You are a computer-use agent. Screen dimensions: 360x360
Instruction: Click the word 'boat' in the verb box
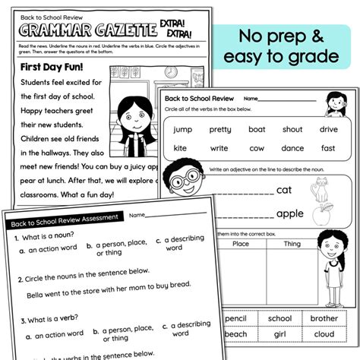pos(257,129)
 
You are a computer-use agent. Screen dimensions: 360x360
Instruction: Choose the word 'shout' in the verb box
pos(292,129)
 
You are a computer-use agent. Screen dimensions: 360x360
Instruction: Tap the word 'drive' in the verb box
pos(328,129)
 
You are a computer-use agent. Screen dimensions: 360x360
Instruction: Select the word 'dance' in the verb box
pos(292,148)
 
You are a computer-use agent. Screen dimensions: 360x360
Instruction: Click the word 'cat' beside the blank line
pos(284,189)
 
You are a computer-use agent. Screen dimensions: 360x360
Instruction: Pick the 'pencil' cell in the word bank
pos(235,318)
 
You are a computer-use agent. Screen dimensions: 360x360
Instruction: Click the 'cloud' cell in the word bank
pos(323,334)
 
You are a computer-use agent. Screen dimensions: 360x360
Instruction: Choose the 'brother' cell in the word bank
pos(324,318)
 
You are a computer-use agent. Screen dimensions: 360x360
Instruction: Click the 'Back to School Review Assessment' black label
pos(64,221)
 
